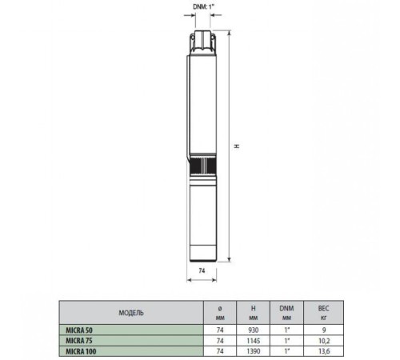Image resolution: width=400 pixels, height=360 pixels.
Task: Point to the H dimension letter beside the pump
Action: (237, 146)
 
